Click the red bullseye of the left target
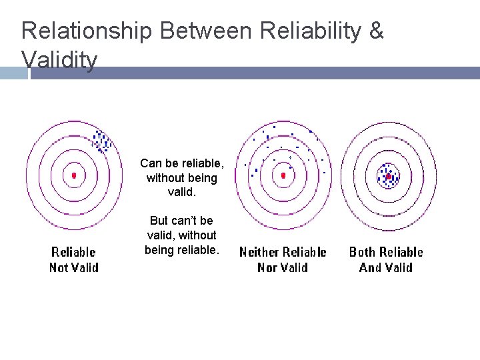74,175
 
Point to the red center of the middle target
283,175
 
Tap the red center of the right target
388,177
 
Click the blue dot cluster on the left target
101,141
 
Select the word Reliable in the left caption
73,252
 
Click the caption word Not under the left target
60,268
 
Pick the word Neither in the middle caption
259,252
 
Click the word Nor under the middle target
268,268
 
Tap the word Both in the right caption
363,252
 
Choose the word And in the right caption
370,268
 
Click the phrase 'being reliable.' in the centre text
181,250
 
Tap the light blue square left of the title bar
14,73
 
